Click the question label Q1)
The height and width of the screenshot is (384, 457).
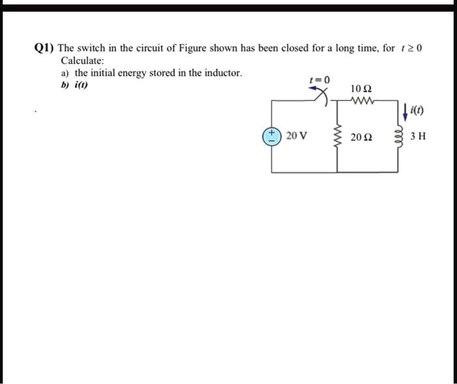[x=44, y=48]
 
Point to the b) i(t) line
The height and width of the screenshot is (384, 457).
[x=71, y=85]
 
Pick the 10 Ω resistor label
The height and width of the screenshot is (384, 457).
[x=361, y=88]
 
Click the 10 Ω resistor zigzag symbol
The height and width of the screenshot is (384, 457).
[x=360, y=100]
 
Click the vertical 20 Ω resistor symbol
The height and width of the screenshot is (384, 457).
[x=338, y=136]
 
